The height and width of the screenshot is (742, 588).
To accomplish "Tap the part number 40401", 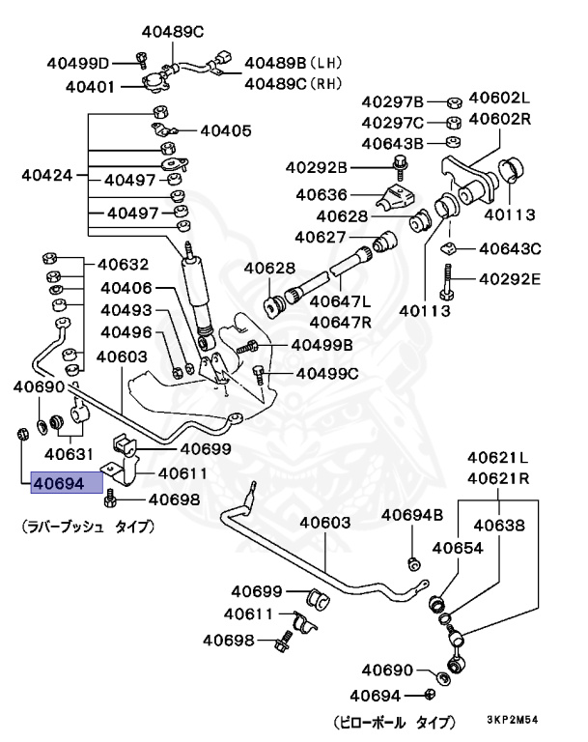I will tap(92, 86).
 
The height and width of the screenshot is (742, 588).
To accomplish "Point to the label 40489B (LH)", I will tap(287, 63).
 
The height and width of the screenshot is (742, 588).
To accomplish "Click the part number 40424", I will tap(46, 176).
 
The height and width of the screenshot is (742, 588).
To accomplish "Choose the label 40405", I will tap(225, 130).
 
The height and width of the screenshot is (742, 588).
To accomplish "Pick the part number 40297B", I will tap(393, 101).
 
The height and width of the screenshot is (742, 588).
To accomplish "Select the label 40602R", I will tap(500, 119).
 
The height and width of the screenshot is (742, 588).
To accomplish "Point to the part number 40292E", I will tap(507, 280).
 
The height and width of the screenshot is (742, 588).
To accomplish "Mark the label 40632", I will tap(123, 264).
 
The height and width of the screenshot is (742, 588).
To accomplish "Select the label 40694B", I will tap(411, 515).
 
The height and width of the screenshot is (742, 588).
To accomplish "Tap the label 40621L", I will tap(499, 457).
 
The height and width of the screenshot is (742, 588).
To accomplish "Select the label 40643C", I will tap(507, 248).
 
